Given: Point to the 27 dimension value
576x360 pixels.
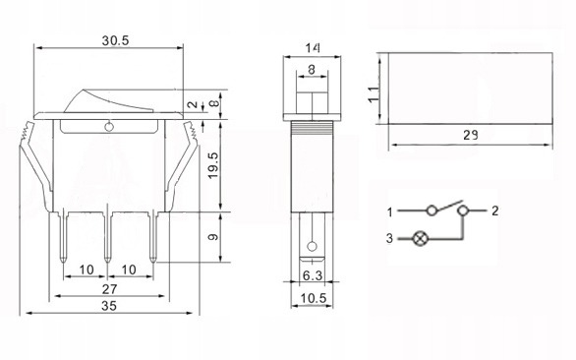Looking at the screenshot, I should pyautogui.click(x=110, y=290).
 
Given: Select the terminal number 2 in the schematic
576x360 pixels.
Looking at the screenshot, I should pyautogui.click(x=495, y=211).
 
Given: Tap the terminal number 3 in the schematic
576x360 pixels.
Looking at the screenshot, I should pyautogui.click(x=389, y=238).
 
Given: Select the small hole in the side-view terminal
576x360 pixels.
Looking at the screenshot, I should pyautogui.click(x=313, y=246).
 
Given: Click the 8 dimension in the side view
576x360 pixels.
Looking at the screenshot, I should pyautogui.click(x=313, y=70).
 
